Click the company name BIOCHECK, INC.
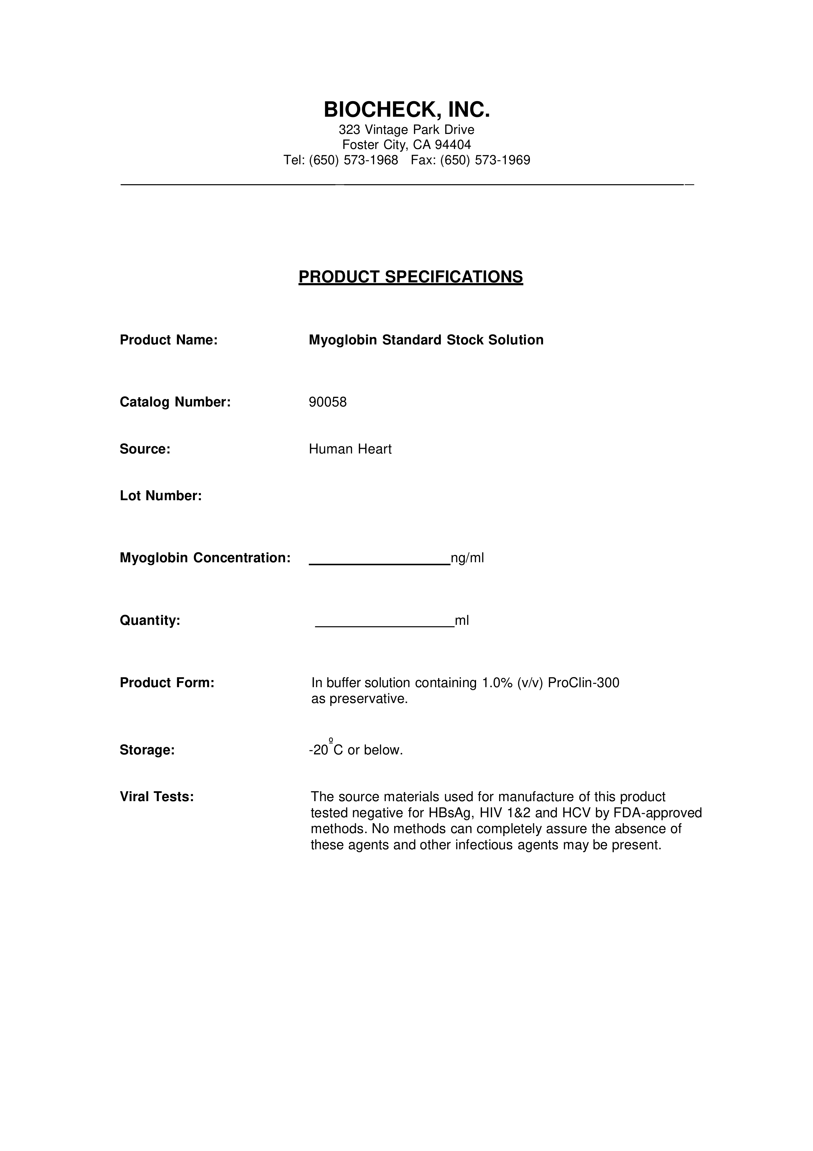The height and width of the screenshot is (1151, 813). click(407, 109)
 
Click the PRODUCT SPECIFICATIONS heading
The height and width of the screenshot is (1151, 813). click(410, 277)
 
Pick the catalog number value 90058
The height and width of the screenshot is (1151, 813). click(328, 402)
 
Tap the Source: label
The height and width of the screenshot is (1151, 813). click(145, 449)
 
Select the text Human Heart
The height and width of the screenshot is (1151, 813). click(350, 449)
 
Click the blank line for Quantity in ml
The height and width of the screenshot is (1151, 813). click(385, 626)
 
